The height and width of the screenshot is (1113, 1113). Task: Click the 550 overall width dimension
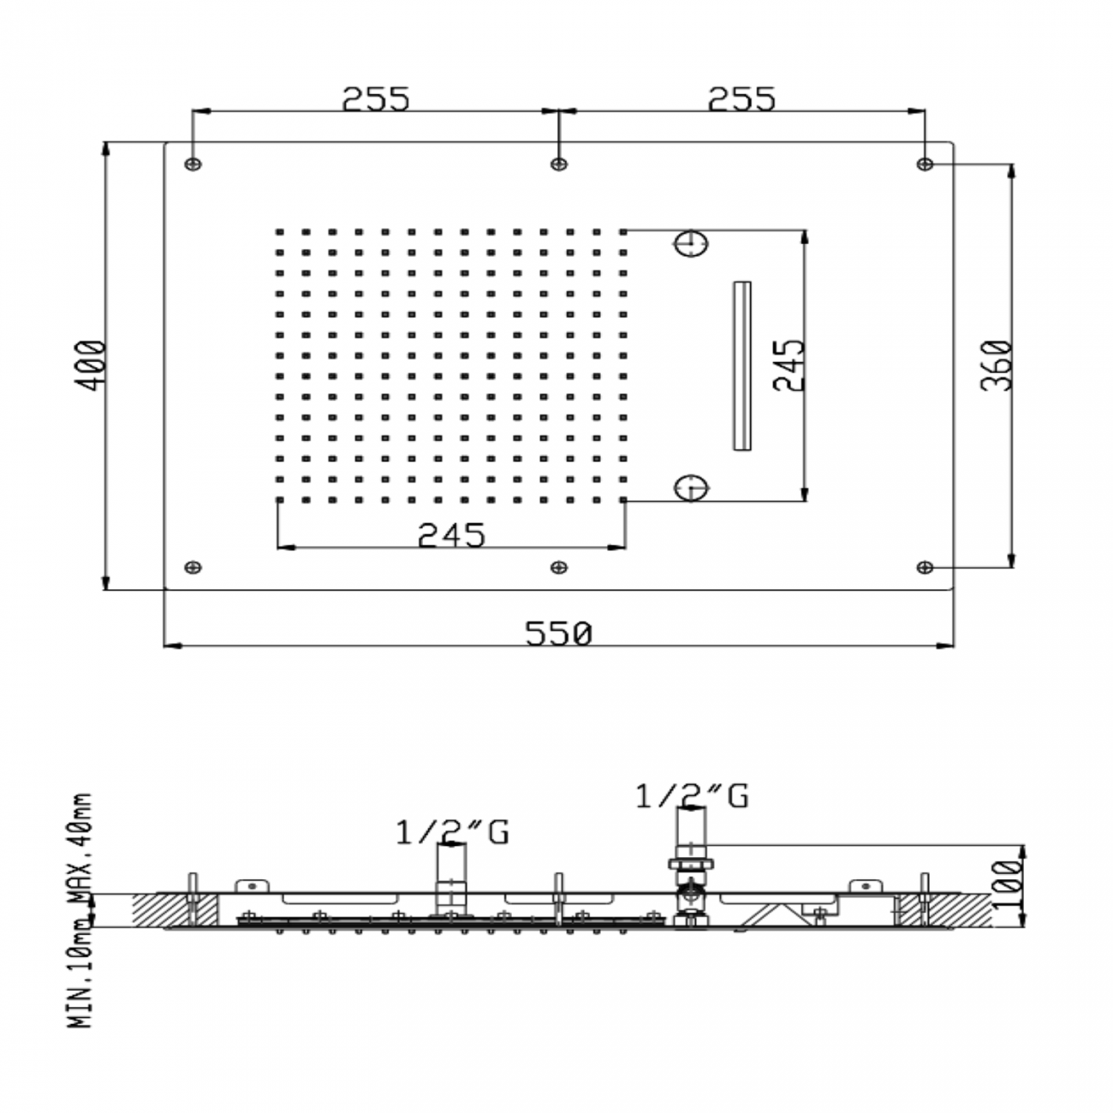point(558,634)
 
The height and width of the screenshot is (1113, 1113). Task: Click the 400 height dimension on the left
point(92,366)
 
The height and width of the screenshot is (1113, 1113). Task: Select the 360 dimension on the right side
point(997,366)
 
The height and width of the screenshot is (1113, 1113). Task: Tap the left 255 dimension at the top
point(376,98)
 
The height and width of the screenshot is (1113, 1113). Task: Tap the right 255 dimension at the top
point(741,98)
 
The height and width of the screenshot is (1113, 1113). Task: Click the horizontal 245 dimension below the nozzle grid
point(451,534)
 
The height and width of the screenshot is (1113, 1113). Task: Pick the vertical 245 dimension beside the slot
point(789,366)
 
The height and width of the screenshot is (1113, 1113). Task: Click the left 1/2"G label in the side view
point(452,833)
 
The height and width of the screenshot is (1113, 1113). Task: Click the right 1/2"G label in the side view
point(692,796)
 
